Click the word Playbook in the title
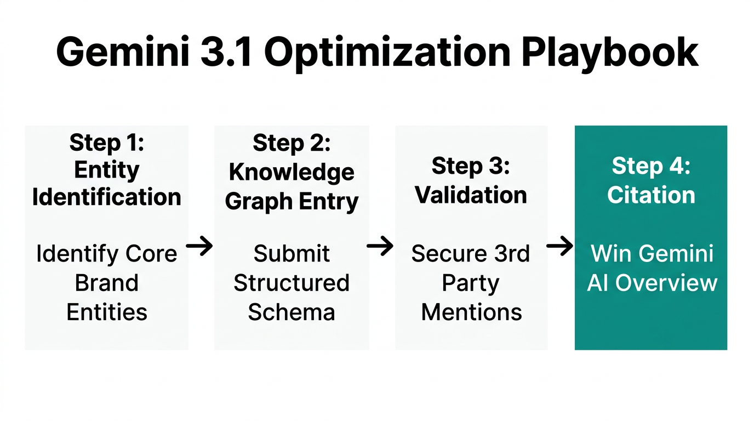[609, 53]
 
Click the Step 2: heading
[292, 143]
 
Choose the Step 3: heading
[471, 166]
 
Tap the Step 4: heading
[651, 166]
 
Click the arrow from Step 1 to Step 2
[200, 247]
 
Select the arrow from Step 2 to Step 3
[380, 247]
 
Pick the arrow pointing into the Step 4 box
[560, 247]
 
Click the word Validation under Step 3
[471, 195]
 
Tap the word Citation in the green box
[651, 195]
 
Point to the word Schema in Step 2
[292, 312]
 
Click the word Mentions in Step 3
[471, 312]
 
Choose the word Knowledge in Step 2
[292, 172]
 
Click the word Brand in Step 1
[107, 283]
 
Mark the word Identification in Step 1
[107, 197]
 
